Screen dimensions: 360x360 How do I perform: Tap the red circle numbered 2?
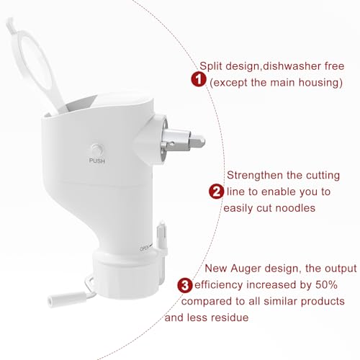pyautogui.click(x=215, y=192)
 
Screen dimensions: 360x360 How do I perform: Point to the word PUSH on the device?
pyautogui.click(x=96, y=160)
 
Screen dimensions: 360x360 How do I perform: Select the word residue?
pyautogui.click(x=233, y=316)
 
